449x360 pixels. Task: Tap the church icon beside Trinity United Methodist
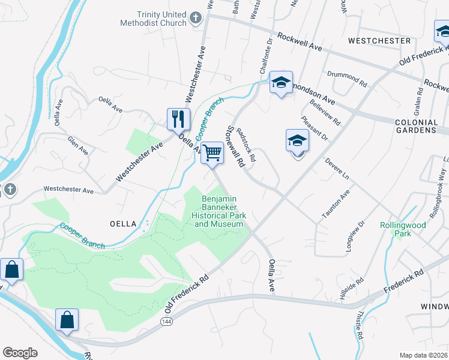click(x=195, y=19)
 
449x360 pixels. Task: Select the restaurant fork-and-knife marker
click(x=178, y=119)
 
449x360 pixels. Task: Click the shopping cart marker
click(x=212, y=153)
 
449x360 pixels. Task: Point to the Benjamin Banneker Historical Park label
click(x=219, y=211)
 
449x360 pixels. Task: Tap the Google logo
click(x=20, y=353)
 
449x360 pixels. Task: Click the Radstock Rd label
click(x=247, y=145)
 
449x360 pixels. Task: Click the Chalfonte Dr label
click(x=266, y=56)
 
